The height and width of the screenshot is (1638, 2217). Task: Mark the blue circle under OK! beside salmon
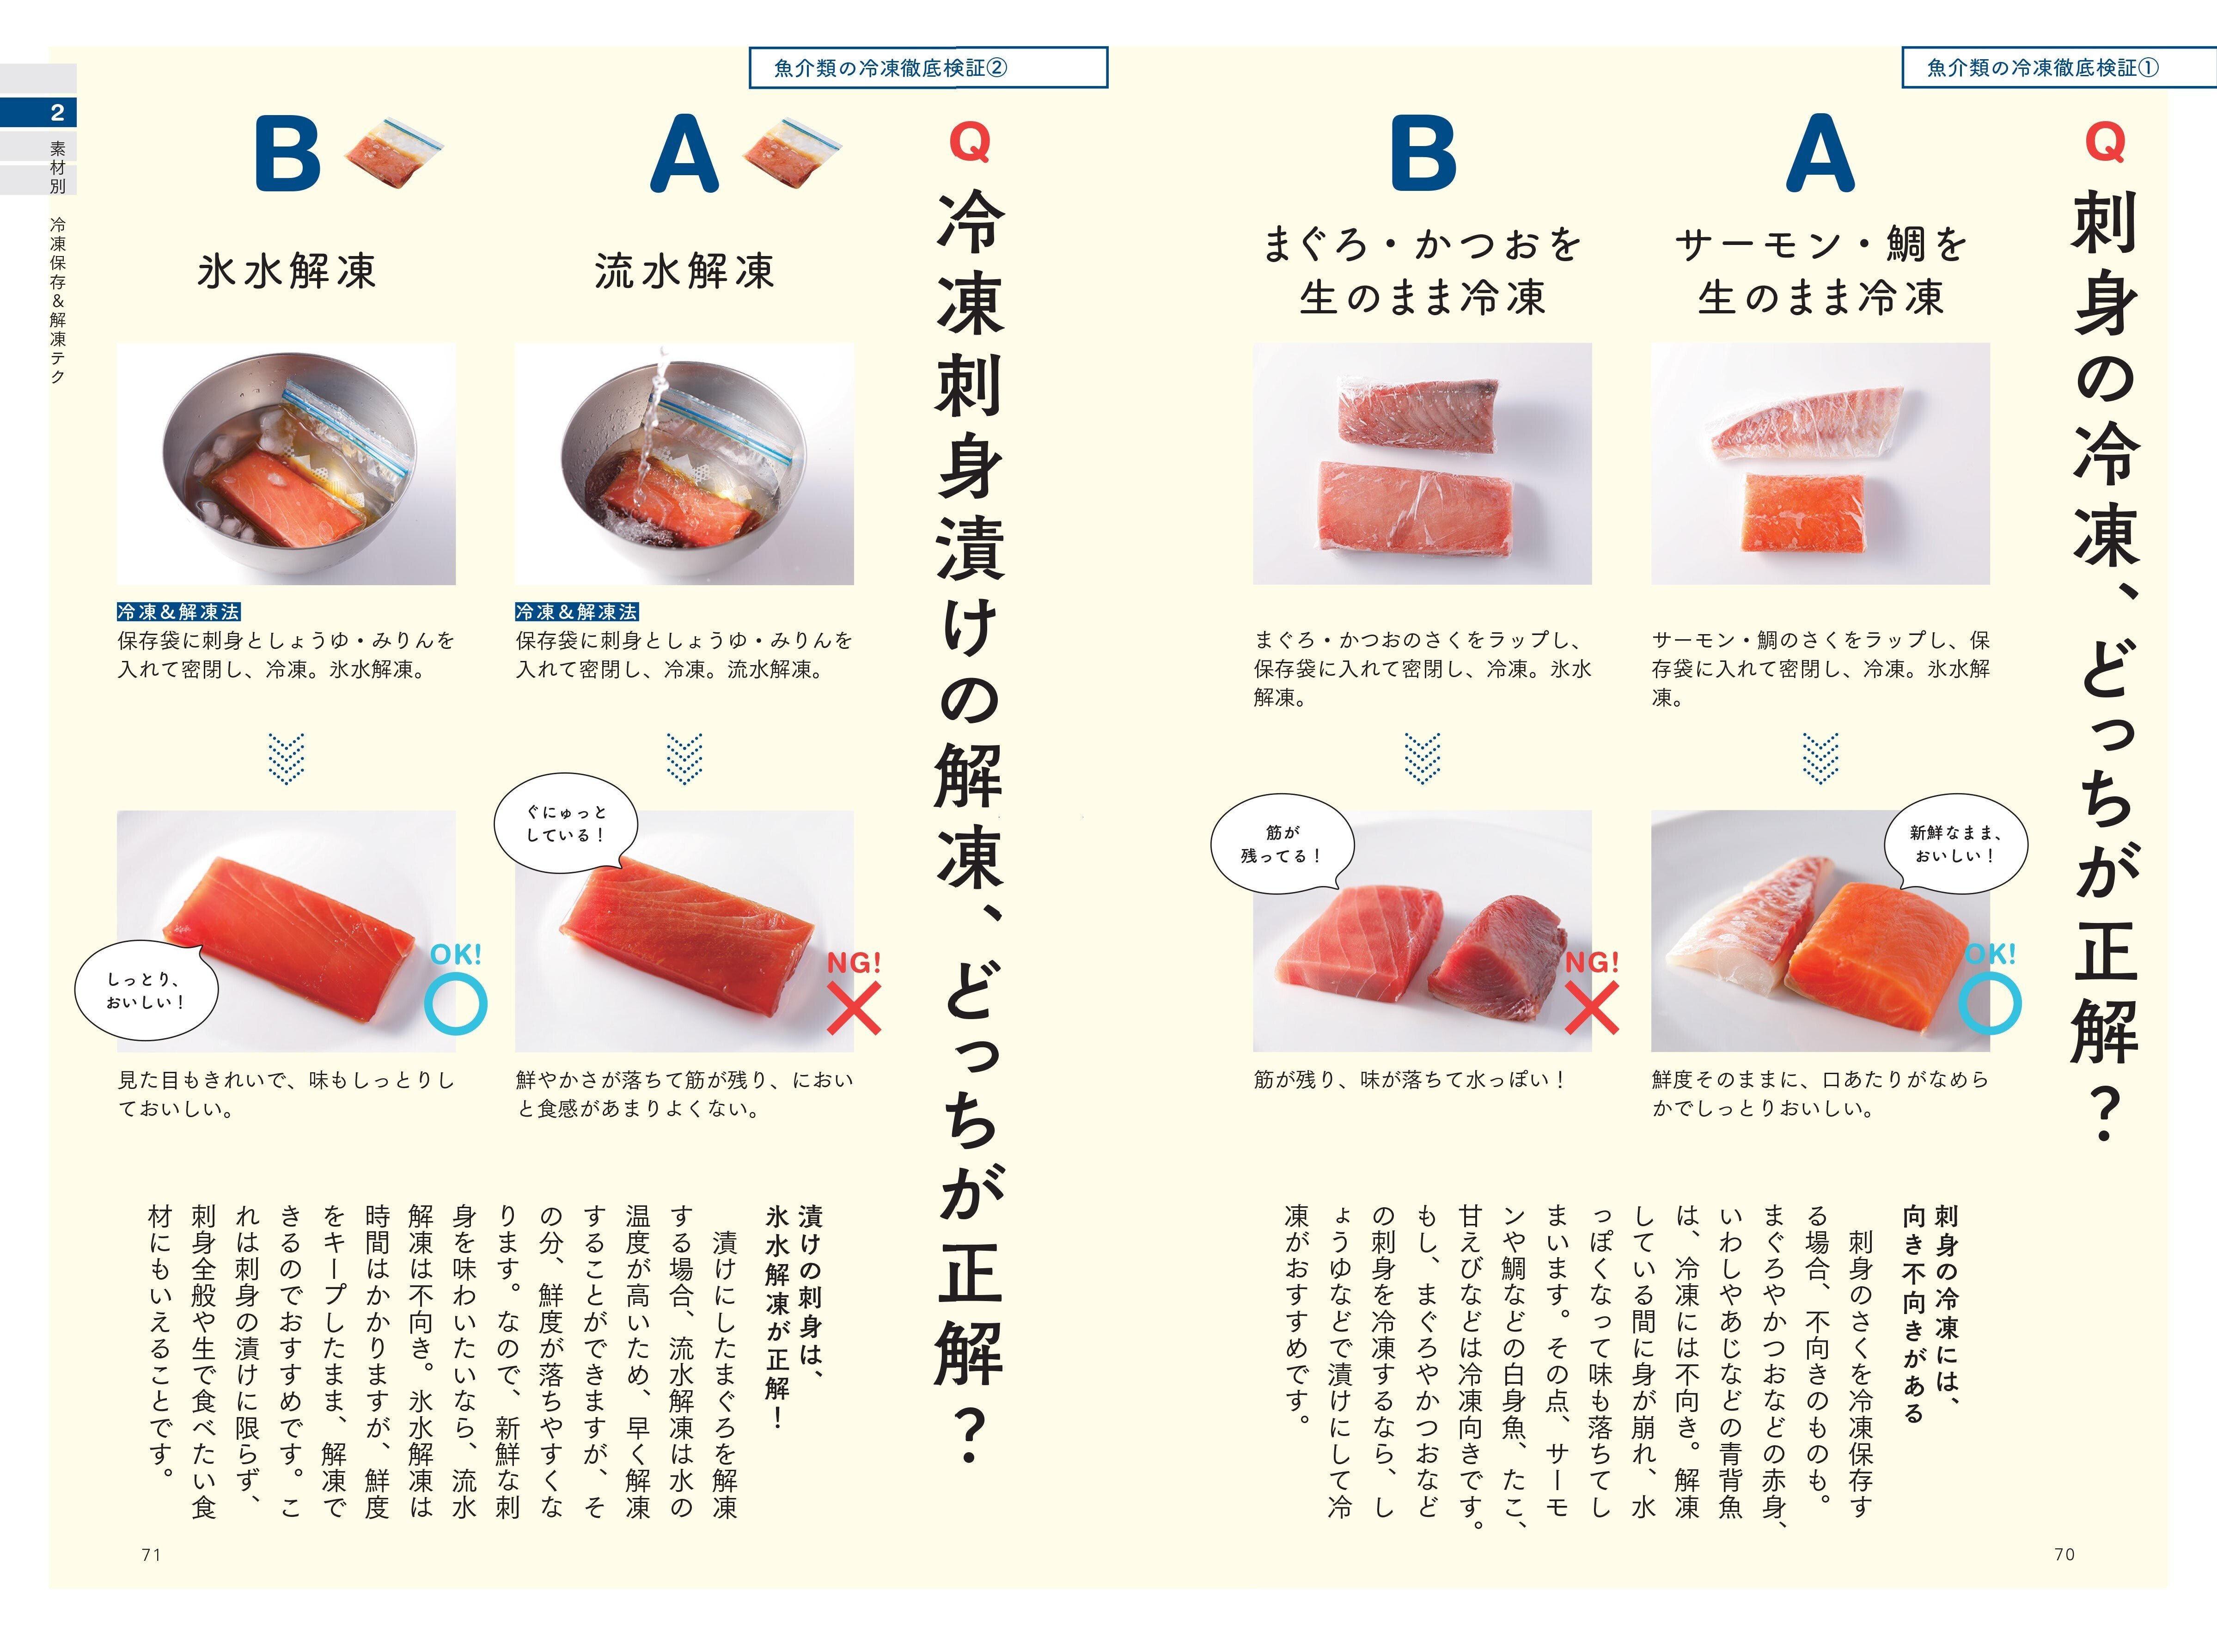point(1989,1003)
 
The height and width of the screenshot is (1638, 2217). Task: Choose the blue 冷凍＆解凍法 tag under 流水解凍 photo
point(576,612)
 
